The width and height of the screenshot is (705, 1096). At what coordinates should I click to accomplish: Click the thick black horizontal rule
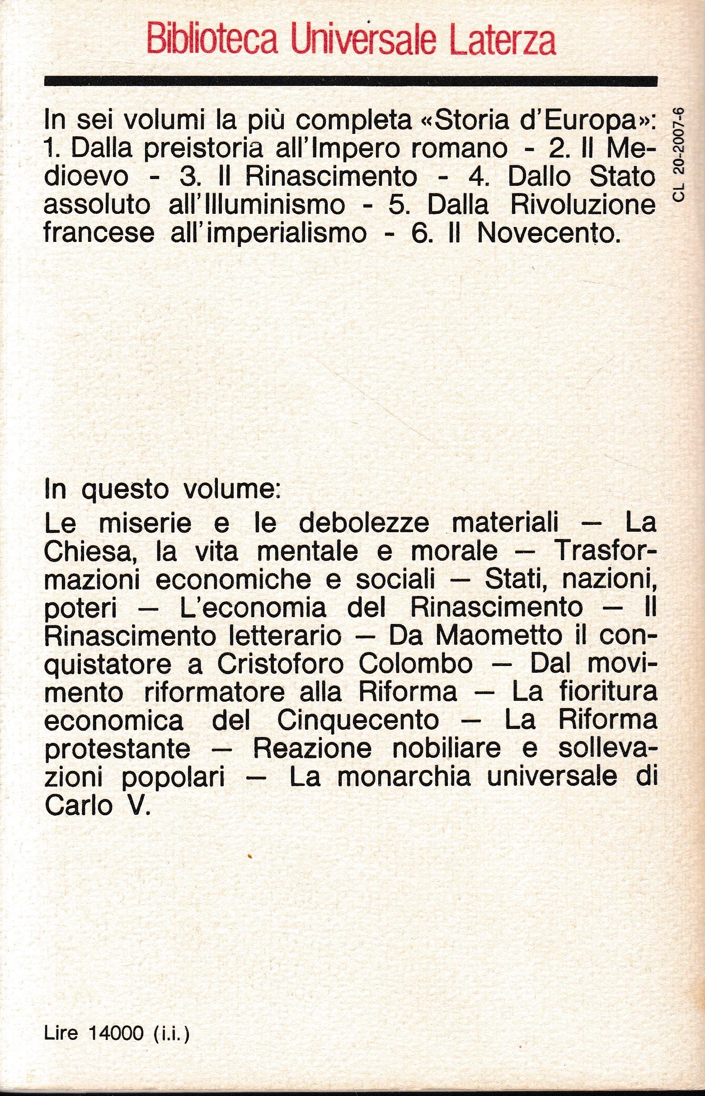pos(351,81)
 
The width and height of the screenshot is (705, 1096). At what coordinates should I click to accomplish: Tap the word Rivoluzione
pos(583,205)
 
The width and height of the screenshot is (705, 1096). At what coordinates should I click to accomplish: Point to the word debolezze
pos(364,524)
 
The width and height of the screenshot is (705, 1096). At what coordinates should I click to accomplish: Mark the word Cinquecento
pos(357,721)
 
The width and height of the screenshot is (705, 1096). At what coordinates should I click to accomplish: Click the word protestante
pos(117,750)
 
